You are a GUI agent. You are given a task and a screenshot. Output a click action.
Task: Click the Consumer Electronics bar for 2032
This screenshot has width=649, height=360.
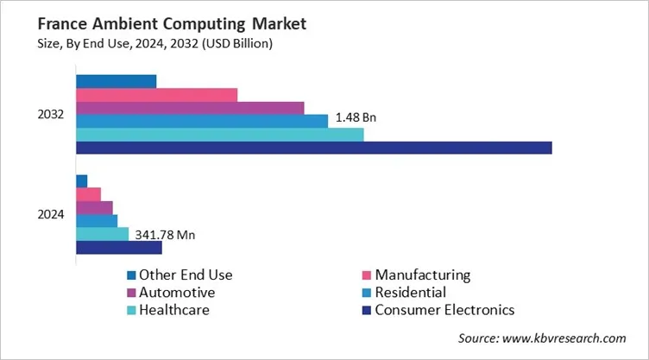coord(313,148)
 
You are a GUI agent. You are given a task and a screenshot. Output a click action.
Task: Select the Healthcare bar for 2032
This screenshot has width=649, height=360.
coord(219,135)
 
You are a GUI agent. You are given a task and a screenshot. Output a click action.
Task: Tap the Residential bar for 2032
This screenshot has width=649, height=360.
coord(202,121)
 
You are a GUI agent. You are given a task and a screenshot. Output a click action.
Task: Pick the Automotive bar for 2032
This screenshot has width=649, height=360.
coord(190,108)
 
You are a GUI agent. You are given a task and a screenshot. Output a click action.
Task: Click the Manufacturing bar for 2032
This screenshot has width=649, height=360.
coord(156,95)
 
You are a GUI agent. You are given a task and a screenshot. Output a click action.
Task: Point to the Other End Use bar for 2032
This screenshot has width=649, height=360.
coord(116,81)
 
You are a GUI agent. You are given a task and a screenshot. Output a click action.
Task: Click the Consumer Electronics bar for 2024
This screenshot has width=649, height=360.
coord(119,248)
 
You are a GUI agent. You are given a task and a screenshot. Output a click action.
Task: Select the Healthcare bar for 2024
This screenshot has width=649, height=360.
coord(102,234)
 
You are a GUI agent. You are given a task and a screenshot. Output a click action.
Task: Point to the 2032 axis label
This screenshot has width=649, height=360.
coord(50,115)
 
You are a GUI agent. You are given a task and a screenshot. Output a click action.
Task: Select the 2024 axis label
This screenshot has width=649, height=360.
coord(50,215)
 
